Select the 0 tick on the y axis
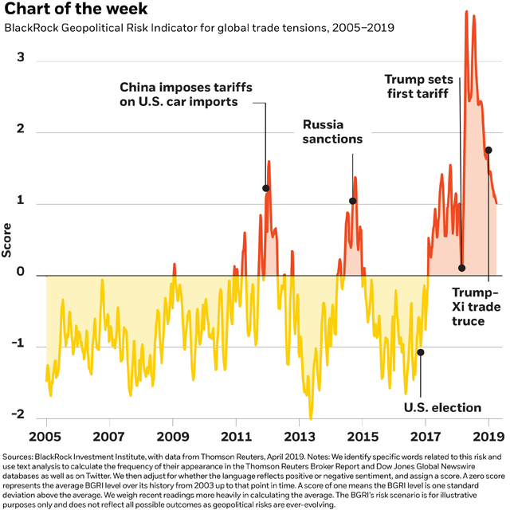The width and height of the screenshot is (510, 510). pos(21,274)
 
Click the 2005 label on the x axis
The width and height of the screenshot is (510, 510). pos(46,437)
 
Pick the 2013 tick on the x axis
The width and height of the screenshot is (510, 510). pos(299,437)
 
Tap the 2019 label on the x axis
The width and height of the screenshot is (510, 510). pos(488,437)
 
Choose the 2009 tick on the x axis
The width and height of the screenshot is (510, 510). pos(172,437)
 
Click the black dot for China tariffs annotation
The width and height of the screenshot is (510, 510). pos(266,188)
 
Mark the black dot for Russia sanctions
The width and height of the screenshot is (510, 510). pos(352,202)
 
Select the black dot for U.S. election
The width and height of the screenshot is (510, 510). pos(421,352)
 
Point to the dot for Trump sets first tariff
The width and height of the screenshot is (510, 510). pos(461,268)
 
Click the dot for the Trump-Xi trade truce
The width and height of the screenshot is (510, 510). pos(488,150)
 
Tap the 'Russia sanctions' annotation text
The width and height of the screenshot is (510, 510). pos(332,132)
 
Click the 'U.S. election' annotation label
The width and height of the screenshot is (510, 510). pos(442,408)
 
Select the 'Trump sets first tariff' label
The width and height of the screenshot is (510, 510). pos(418,86)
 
